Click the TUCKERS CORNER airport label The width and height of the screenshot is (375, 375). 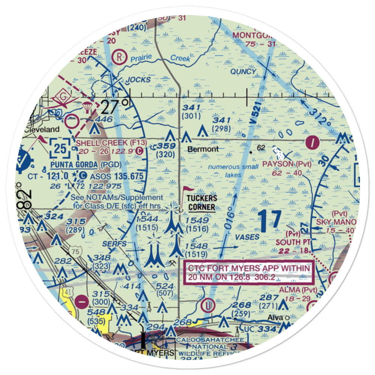[x=202, y=203]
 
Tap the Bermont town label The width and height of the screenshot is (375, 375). [x=203, y=149]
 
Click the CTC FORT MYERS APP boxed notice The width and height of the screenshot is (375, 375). [x=249, y=273]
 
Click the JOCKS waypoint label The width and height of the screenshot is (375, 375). [x=138, y=80]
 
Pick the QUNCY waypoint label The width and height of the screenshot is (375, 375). [x=243, y=71]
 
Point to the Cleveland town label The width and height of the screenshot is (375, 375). [x=42, y=129]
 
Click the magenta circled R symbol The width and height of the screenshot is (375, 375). [x=120, y=57]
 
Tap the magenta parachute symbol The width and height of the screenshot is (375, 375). [x=87, y=107]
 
